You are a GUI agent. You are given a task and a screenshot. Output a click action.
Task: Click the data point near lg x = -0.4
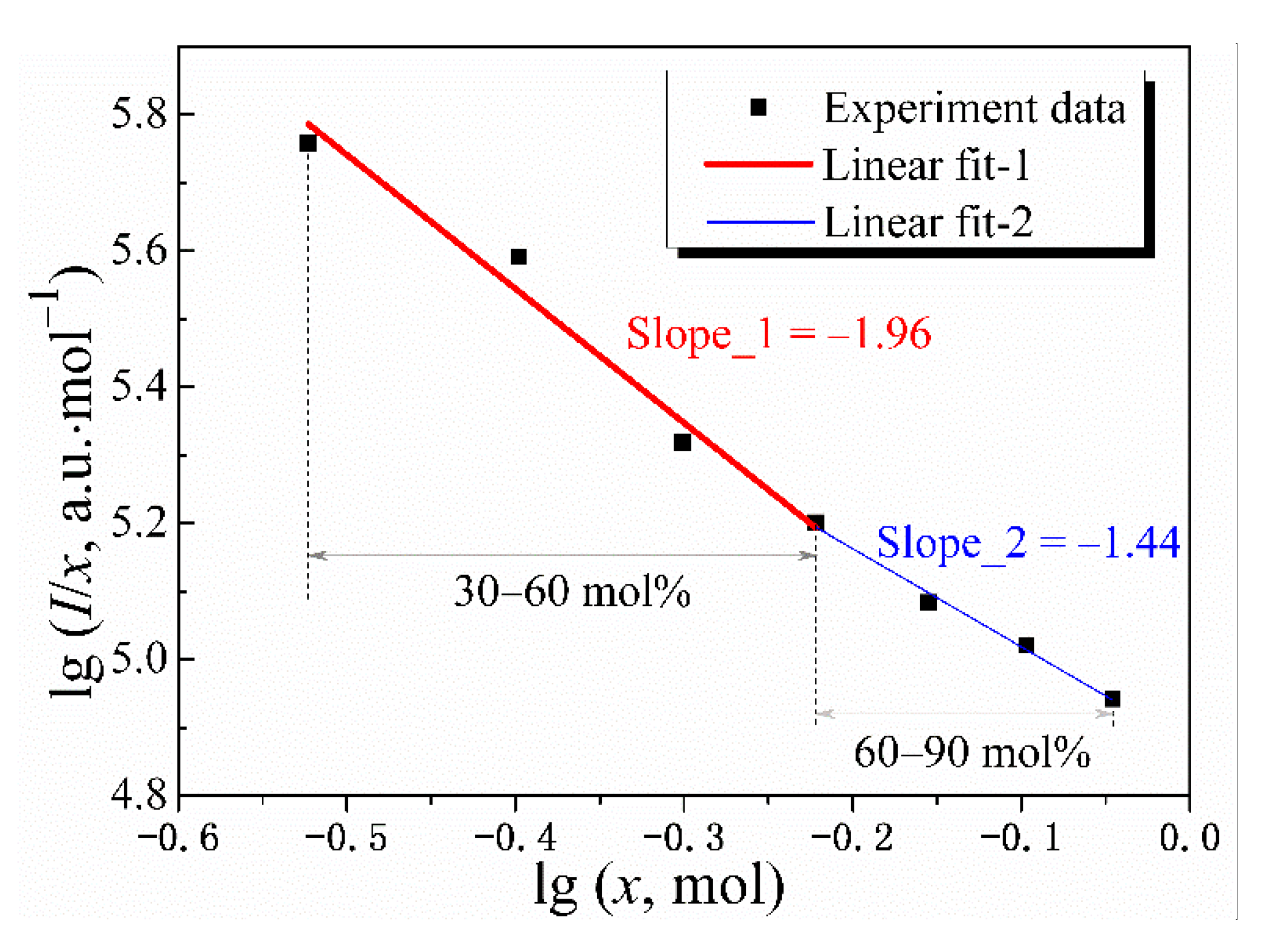[519, 257]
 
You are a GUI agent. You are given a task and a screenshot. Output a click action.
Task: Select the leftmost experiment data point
[308, 143]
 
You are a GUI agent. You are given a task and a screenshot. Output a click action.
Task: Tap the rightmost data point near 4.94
[1112, 699]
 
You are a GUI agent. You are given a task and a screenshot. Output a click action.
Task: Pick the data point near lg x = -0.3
[682, 442]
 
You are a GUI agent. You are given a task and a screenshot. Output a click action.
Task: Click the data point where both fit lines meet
[815, 523]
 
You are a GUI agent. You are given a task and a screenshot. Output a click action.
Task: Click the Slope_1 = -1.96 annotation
[778, 334]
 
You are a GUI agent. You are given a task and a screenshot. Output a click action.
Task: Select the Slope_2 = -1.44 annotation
[1028, 543]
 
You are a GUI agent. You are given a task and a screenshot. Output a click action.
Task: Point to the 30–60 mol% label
[571, 591]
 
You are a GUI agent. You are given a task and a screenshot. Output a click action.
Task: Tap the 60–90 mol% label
[972, 752]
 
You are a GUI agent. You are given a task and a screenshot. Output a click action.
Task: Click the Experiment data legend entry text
[974, 108]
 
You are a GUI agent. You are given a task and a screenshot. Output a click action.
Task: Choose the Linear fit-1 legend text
[926, 165]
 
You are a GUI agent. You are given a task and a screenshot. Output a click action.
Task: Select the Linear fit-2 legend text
[928, 222]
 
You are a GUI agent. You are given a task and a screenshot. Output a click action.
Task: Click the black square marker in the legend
[758, 107]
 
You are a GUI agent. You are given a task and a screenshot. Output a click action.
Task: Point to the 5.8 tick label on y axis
[138, 113]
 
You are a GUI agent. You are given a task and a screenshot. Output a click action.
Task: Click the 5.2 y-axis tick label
[138, 523]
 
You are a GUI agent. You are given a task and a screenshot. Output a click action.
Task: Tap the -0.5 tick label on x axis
[346, 838]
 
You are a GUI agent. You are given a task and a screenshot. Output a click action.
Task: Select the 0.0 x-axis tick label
[1189, 838]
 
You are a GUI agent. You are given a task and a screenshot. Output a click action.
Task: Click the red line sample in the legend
[758, 164]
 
